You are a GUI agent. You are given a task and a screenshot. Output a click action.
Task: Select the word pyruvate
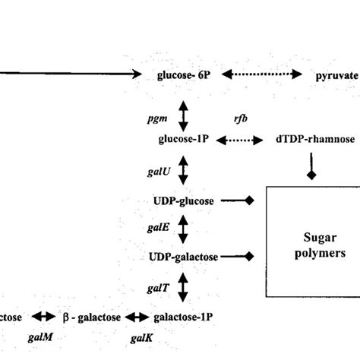coord(336,74)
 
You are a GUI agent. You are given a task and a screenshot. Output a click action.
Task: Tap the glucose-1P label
coord(182,141)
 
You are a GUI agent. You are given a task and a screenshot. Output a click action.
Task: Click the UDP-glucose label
coord(182,201)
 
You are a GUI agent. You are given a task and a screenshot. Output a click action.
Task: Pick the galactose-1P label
coord(182,317)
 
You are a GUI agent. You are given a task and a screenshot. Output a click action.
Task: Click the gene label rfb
coord(241,119)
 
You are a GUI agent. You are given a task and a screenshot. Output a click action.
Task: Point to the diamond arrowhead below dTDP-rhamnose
coord(309,175)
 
